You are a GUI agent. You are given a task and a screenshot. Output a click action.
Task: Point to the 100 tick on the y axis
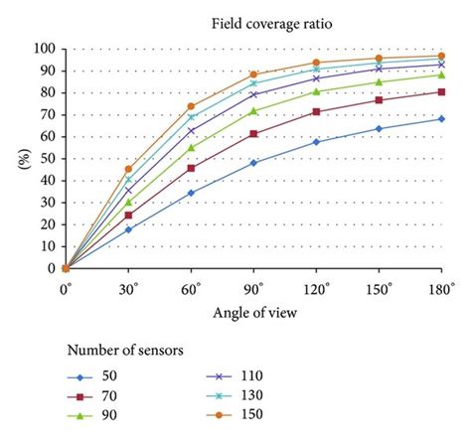pos(43,49)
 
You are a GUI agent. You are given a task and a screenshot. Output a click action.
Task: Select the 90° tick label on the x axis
pos(253,288)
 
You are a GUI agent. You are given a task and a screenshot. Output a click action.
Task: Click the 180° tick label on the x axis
pos(441,288)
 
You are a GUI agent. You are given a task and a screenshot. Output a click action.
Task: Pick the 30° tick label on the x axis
pos(128,288)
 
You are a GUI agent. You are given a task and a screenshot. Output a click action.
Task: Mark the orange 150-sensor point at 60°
pos(191,106)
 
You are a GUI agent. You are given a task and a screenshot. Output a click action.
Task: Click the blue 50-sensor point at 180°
pos(441,119)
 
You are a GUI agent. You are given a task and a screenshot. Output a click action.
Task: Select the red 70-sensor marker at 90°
pos(253,133)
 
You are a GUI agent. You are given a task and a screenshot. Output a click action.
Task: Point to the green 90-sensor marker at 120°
pos(316,91)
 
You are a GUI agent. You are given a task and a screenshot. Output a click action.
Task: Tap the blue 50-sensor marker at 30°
pos(128,229)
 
